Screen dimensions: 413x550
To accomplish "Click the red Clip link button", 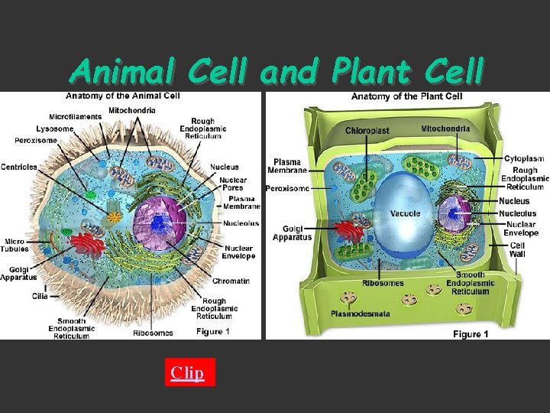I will [x=187, y=372].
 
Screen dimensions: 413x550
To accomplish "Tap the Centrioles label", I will [x=19, y=167].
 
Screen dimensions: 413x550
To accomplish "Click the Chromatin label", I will [x=231, y=281].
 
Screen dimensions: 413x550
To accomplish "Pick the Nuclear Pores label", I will [x=234, y=185].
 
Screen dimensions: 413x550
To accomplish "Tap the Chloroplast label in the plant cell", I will [x=367, y=131].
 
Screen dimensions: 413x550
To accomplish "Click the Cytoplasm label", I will [x=524, y=158].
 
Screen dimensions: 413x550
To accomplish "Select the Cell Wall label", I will [x=517, y=250].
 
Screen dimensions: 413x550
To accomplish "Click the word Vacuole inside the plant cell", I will [x=405, y=213].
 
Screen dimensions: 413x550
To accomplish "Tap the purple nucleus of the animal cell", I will [x=160, y=224].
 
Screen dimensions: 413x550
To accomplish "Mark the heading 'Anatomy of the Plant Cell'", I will [x=406, y=96].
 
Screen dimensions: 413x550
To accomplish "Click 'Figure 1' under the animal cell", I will [x=213, y=331].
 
